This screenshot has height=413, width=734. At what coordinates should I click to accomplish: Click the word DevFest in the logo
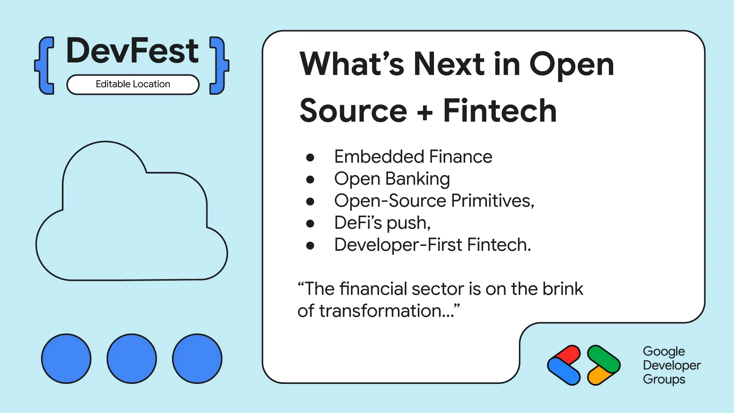tap(132, 51)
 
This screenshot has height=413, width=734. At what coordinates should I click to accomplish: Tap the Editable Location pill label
tap(133, 84)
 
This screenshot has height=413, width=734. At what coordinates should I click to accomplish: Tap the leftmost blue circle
tap(66, 359)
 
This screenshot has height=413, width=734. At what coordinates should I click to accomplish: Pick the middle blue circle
tap(132, 359)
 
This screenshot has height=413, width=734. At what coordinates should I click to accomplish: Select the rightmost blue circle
tap(197, 359)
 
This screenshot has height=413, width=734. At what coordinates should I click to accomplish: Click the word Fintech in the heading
tap(500, 111)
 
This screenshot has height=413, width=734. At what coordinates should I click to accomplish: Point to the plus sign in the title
tap(425, 112)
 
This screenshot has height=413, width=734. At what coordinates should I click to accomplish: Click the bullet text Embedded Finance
tap(413, 157)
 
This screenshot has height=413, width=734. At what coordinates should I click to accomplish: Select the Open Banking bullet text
tap(392, 179)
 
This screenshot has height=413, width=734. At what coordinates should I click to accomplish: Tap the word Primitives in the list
tap(492, 201)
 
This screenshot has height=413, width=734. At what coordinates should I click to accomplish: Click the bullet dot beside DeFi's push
tap(310, 224)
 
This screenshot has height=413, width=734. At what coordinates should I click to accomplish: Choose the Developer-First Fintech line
tap(432, 245)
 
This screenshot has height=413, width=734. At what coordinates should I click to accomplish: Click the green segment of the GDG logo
tap(604, 358)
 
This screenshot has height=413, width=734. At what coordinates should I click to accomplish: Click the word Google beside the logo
tap(664, 351)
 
